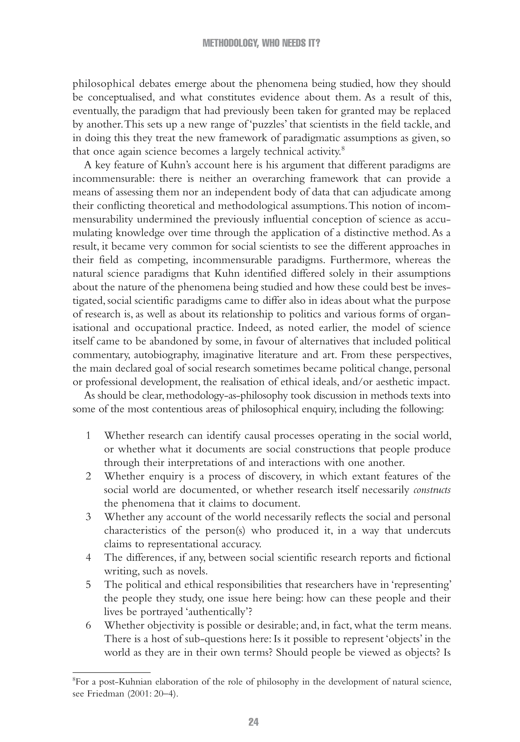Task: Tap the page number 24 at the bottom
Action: (x=253, y=722)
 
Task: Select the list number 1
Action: (x=88, y=436)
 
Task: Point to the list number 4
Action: (x=88, y=557)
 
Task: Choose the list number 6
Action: (x=88, y=625)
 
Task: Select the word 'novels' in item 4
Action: (x=191, y=571)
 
